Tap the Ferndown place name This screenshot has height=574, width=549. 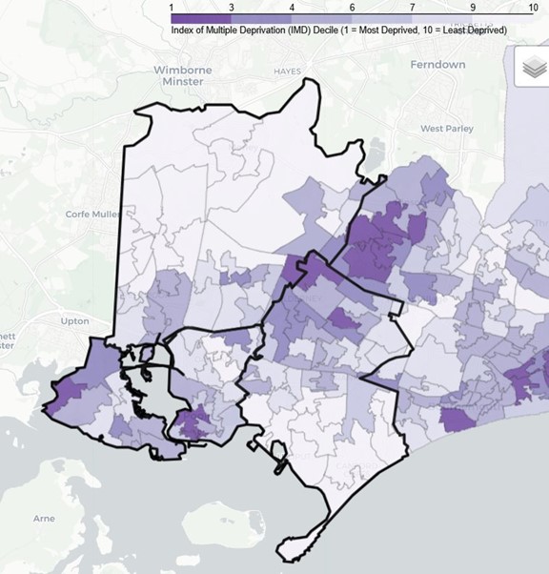[437, 65]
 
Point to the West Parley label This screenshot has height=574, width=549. [446, 128]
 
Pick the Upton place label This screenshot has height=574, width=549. [74, 321]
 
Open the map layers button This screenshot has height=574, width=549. [532, 70]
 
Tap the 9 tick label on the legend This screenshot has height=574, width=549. [470, 7]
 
